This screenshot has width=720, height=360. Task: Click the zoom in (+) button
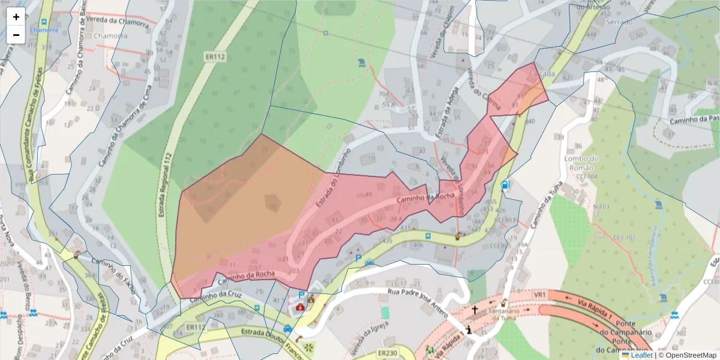click(x=16, y=17)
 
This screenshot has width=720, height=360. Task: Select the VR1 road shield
click(x=540, y=295)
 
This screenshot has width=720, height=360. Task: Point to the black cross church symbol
click(x=475, y=310)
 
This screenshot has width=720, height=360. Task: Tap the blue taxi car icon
click(x=288, y=328)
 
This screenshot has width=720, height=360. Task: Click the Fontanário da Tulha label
click(x=503, y=314)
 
